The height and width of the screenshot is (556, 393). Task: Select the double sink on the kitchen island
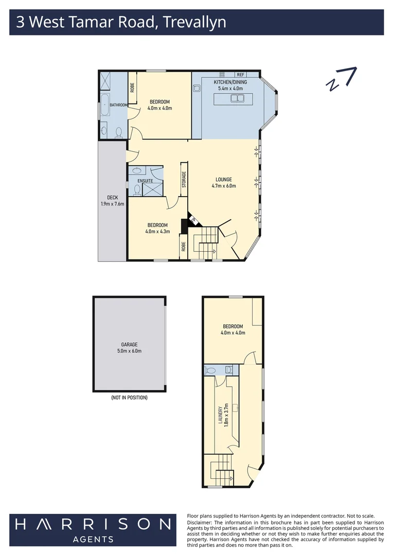tap(237, 98)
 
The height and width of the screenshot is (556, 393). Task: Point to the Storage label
tap(184, 179)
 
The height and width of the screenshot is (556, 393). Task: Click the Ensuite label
tap(145, 181)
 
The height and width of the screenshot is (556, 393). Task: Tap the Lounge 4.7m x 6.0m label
tap(223, 183)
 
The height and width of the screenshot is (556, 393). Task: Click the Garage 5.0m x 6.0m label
tap(129, 348)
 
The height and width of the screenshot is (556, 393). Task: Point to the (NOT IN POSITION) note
tap(129, 397)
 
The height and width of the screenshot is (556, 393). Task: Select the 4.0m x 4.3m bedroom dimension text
tap(157, 231)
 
